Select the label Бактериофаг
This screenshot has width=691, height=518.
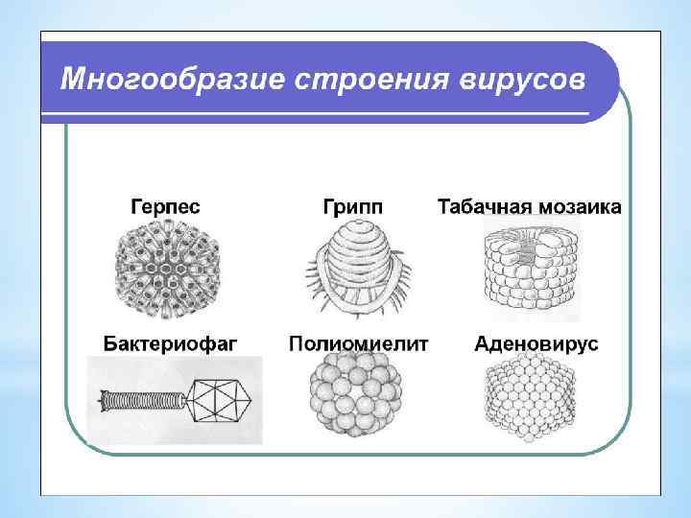171,342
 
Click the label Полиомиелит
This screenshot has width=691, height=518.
359,342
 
